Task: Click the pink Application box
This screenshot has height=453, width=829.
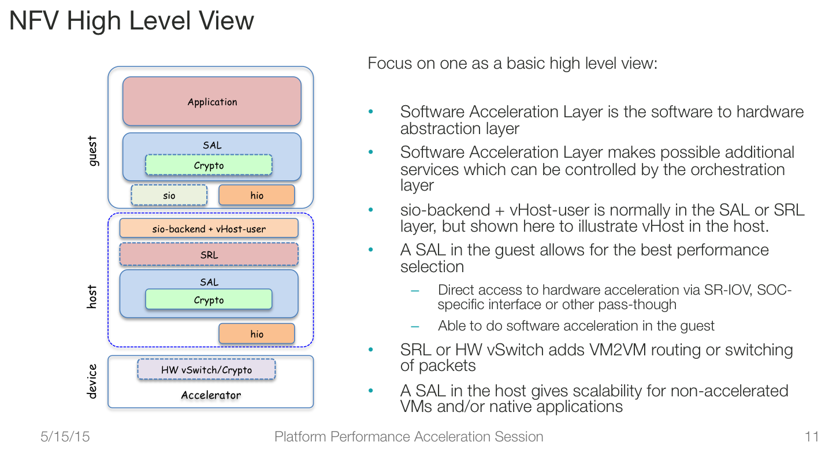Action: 211,101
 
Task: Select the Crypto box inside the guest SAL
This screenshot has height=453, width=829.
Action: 209,165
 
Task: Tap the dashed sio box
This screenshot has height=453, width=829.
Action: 169,195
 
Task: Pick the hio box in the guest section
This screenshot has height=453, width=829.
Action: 256,195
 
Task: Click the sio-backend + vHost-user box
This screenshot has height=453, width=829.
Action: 209,228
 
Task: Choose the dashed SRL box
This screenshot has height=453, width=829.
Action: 209,254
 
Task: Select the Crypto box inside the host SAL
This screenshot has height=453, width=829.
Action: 209,299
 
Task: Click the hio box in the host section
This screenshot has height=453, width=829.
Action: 256,333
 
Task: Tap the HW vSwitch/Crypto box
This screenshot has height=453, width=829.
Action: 206,369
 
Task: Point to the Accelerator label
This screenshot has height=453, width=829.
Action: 211,395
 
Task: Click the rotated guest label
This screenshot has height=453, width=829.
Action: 92,151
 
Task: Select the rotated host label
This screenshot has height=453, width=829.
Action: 92,297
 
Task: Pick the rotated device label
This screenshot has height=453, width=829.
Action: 92,381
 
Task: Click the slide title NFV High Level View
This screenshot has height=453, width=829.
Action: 132,21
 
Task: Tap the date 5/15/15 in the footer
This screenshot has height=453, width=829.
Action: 65,437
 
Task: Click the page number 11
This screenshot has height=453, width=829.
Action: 812,437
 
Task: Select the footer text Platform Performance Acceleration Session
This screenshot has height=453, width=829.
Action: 409,437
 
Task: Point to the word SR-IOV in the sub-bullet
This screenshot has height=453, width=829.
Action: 728,290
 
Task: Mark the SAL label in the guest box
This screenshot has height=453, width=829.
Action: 212,145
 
